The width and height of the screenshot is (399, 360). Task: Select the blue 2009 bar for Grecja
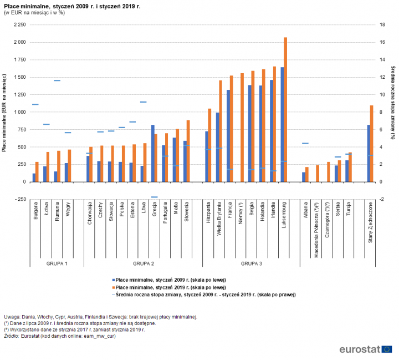pos(153,153)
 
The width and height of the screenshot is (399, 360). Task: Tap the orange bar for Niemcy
pos(242,128)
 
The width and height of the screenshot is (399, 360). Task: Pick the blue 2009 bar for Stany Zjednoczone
pos(368,153)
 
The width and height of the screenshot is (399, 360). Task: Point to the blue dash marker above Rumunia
pos(57,80)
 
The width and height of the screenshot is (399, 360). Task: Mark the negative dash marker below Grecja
pos(155,197)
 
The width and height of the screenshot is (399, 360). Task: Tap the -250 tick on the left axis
pos(21,199)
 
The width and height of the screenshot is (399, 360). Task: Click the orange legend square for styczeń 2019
pos(113,288)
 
